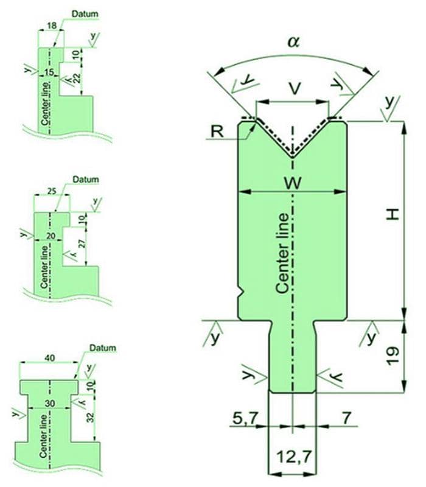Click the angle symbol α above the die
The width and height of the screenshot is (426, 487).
(294, 41)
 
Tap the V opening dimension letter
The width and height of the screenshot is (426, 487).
(294, 89)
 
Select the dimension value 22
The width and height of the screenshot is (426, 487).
(76, 77)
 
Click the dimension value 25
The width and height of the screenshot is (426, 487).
(52, 192)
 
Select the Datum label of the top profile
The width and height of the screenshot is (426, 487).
(84, 13)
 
